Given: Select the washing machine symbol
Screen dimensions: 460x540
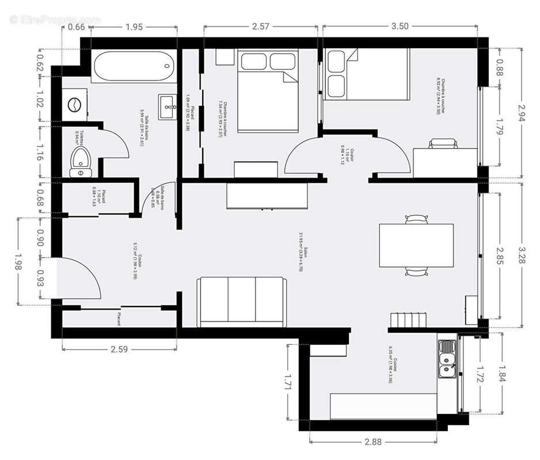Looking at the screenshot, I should click(74, 104).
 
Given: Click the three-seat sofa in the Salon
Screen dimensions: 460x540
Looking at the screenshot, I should click(242, 302).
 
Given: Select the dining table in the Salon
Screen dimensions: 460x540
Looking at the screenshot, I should click(416, 246).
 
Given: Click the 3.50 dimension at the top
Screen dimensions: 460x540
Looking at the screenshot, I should click(400, 26).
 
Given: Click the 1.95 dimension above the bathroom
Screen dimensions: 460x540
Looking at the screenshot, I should click(134, 26).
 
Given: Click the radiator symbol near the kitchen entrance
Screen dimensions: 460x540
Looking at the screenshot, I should click(408, 320).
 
